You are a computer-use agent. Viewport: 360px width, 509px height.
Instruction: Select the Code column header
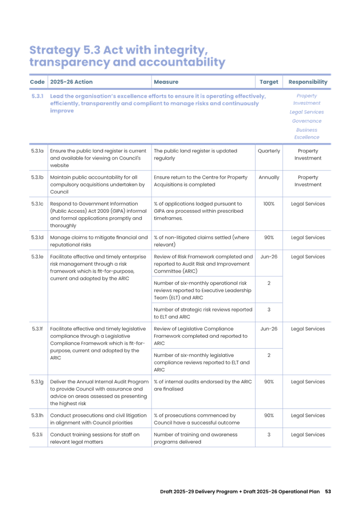click(x=37, y=82)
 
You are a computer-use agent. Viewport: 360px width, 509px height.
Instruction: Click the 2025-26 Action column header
click(x=67, y=82)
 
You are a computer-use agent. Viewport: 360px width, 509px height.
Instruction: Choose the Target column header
click(x=268, y=82)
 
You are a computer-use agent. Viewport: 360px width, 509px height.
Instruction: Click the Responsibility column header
click(x=308, y=82)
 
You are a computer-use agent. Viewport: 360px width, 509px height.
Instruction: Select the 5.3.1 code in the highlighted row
click(x=37, y=96)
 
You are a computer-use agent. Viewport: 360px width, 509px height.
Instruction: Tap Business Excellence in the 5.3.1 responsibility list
click(x=307, y=133)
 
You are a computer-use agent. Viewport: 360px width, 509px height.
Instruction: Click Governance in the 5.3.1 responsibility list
click(x=307, y=121)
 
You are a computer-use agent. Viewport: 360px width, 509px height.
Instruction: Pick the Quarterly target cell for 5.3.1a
click(x=268, y=151)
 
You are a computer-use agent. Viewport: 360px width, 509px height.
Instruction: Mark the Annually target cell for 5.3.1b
click(x=268, y=177)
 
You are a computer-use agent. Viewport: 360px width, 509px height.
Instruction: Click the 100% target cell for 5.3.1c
click(x=269, y=204)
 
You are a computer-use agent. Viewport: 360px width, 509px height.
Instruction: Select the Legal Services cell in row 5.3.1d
click(x=307, y=237)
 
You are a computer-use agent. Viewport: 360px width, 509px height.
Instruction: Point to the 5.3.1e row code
click(x=37, y=256)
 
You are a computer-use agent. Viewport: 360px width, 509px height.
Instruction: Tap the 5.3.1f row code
click(x=37, y=329)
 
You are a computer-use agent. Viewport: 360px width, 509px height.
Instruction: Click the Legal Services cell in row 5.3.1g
click(x=307, y=381)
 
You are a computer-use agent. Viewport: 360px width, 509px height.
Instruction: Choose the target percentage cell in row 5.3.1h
click(x=269, y=415)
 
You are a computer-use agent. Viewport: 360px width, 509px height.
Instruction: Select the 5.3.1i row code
click(x=37, y=435)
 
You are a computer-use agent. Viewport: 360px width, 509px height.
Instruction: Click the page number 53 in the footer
click(x=328, y=491)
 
